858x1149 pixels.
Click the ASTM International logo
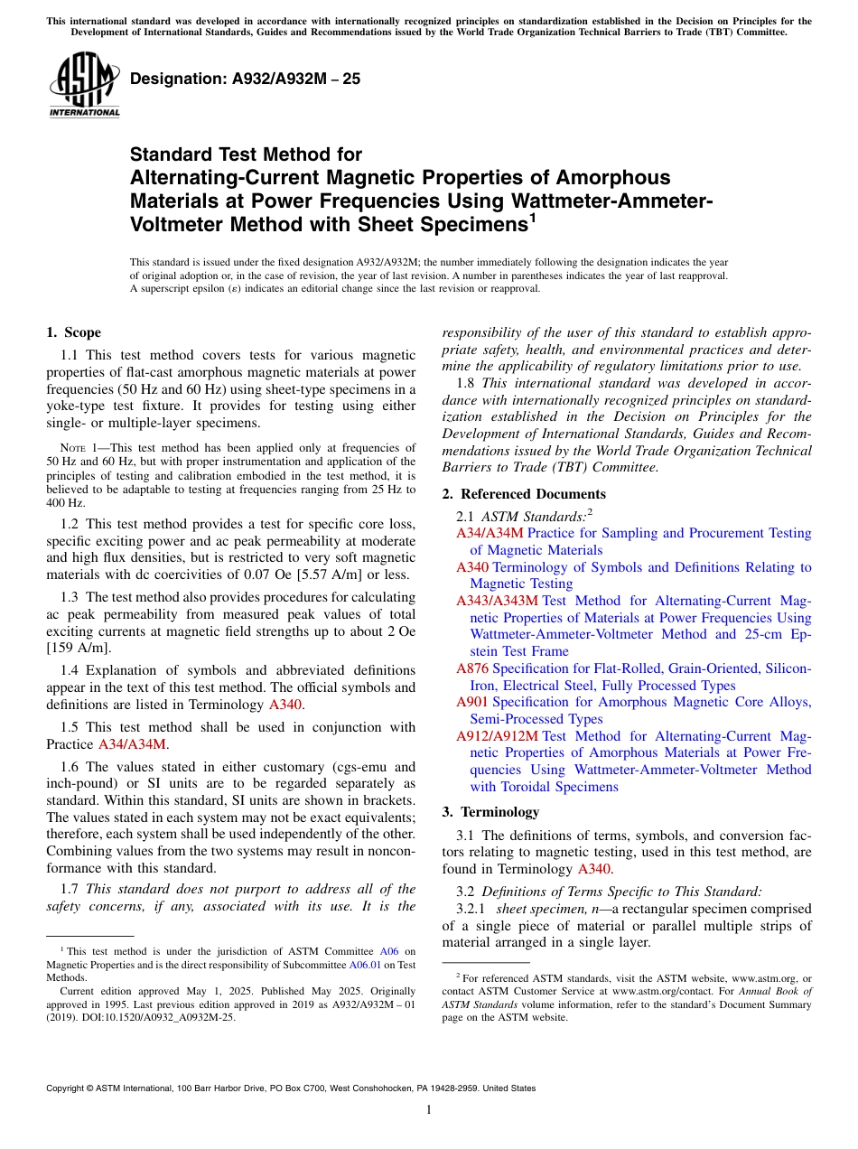click(84, 84)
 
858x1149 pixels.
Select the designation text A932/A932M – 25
click(246, 79)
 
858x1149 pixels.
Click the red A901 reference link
click(472, 702)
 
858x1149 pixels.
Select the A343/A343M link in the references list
click(497, 601)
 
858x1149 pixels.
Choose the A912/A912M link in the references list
click(497, 736)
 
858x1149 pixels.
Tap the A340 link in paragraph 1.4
click(285, 704)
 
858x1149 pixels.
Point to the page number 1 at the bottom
click(429, 1110)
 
